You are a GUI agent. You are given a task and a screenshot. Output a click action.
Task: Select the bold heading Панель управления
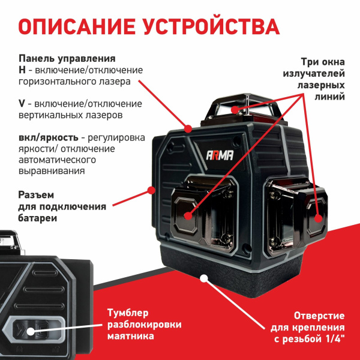(67, 59)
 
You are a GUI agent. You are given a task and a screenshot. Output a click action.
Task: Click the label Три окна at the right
(323, 62)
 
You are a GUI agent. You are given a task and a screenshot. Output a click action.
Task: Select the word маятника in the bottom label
(130, 336)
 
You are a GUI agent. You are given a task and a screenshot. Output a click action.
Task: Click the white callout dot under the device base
(205, 278)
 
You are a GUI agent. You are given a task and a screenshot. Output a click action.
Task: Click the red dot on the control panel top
(188, 127)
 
